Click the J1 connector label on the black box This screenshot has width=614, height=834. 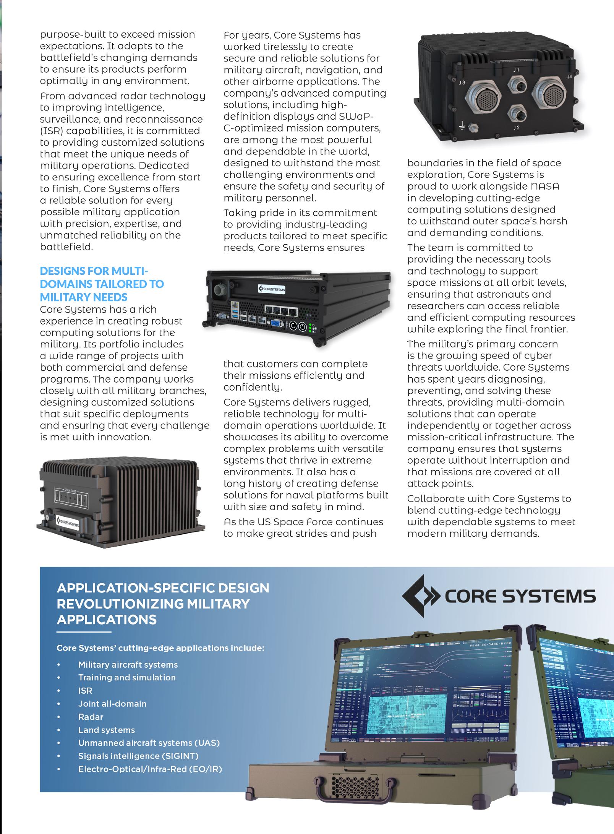click(x=516, y=70)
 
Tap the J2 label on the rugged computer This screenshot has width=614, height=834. click(x=516, y=128)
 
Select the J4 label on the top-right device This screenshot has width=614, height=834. click(x=569, y=76)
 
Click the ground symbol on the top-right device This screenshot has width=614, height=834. click(x=462, y=125)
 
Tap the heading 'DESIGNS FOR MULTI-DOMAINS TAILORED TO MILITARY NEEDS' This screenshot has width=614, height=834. click(x=102, y=284)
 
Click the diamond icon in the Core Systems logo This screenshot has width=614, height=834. click(x=420, y=596)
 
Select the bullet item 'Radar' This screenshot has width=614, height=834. click(x=91, y=717)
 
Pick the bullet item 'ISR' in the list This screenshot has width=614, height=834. click(x=85, y=690)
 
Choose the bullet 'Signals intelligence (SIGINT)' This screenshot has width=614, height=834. click(x=138, y=756)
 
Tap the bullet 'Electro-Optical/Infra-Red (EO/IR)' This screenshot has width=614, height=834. click(x=150, y=769)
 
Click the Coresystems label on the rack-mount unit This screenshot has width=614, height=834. click(x=271, y=289)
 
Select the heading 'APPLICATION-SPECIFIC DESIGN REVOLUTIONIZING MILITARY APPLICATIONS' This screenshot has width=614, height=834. click(x=163, y=604)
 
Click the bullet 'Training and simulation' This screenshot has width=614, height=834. click(x=127, y=677)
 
